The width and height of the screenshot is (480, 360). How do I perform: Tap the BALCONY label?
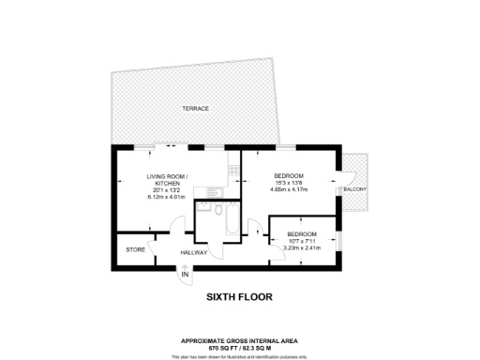(x=355, y=189)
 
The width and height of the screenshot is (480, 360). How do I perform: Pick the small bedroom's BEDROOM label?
(x=301, y=233)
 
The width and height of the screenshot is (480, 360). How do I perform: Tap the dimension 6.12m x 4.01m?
(x=167, y=197)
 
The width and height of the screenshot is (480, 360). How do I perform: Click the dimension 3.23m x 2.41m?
(x=301, y=247)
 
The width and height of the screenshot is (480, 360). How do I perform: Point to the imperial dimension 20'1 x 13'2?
(x=167, y=190)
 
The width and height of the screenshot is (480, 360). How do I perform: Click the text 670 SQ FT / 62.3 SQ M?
(x=240, y=347)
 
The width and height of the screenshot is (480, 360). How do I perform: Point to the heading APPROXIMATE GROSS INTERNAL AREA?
(x=240, y=340)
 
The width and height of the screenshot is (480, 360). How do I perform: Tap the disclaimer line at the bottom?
(x=240, y=355)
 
